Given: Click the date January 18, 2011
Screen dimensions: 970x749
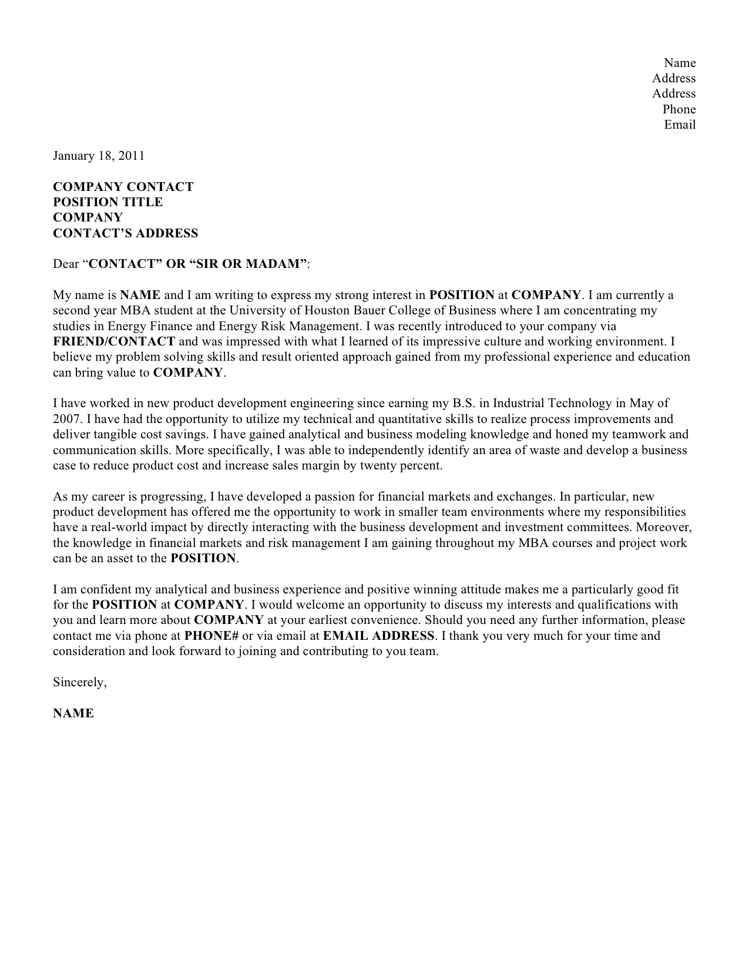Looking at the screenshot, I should [x=99, y=156].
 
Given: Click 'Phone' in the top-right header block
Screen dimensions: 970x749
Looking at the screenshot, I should [x=679, y=109].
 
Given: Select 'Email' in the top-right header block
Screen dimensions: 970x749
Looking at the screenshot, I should [x=680, y=125].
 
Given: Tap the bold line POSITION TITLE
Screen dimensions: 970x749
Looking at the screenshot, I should [x=108, y=202].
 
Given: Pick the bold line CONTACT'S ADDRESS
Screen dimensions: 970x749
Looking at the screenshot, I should [x=125, y=233].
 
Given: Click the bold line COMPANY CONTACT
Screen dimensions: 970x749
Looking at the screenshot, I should [x=123, y=187].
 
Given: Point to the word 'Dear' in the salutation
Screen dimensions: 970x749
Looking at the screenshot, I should [x=65, y=264].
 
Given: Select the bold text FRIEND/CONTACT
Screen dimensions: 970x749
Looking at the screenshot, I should [x=114, y=341].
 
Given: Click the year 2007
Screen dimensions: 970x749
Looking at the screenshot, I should [x=65, y=419].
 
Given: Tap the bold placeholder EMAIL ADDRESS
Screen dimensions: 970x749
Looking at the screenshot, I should [x=379, y=636].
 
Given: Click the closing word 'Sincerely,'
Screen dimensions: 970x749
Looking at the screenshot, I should [x=80, y=682].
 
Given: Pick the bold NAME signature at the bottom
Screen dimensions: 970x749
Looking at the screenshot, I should [x=73, y=713].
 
